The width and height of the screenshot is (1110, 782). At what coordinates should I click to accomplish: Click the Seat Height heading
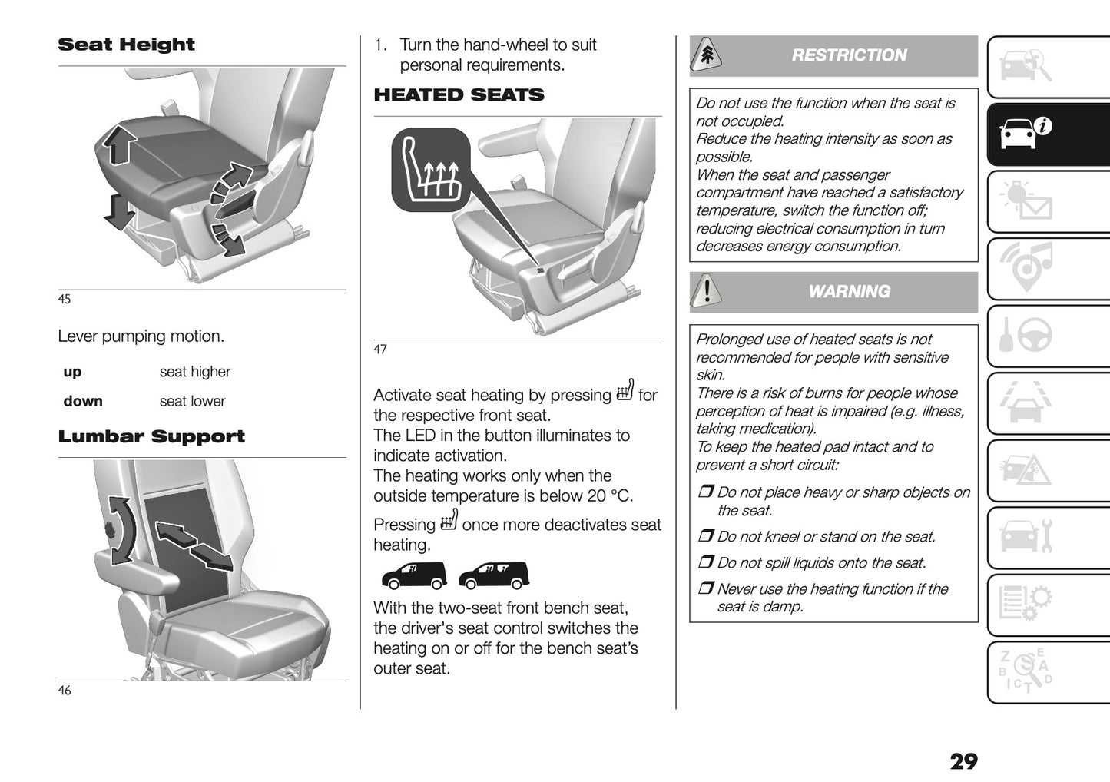coord(126,45)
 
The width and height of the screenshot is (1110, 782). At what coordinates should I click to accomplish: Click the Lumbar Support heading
coord(151,436)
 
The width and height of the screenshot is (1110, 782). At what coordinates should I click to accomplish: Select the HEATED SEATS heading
coord(459,95)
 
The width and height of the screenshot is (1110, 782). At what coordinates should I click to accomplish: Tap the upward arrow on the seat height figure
coord(120,144)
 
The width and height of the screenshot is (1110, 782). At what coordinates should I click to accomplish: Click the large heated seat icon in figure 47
coord(430,170)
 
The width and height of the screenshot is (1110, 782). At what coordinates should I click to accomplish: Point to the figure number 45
coord(65,299)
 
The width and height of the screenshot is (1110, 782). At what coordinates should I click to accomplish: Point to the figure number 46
coord(65,691)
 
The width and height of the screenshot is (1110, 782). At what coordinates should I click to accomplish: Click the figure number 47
coord(380,350)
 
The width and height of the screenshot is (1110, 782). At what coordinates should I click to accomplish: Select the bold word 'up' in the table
coord(72,372)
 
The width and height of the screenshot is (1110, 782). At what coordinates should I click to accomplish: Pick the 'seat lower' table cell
coord(192,401)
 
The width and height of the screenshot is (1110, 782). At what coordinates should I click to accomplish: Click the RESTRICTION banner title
coord(849,55)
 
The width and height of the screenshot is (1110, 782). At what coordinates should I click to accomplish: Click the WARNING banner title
coord(849,292)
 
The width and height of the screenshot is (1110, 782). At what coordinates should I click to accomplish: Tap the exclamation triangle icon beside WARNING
coord(706,292)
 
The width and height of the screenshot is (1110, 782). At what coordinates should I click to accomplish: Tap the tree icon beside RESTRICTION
coord(706,55)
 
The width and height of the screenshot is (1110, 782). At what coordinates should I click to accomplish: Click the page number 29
coord(963,761)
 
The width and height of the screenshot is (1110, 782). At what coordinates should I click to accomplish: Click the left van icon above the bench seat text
coord(413,575)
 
